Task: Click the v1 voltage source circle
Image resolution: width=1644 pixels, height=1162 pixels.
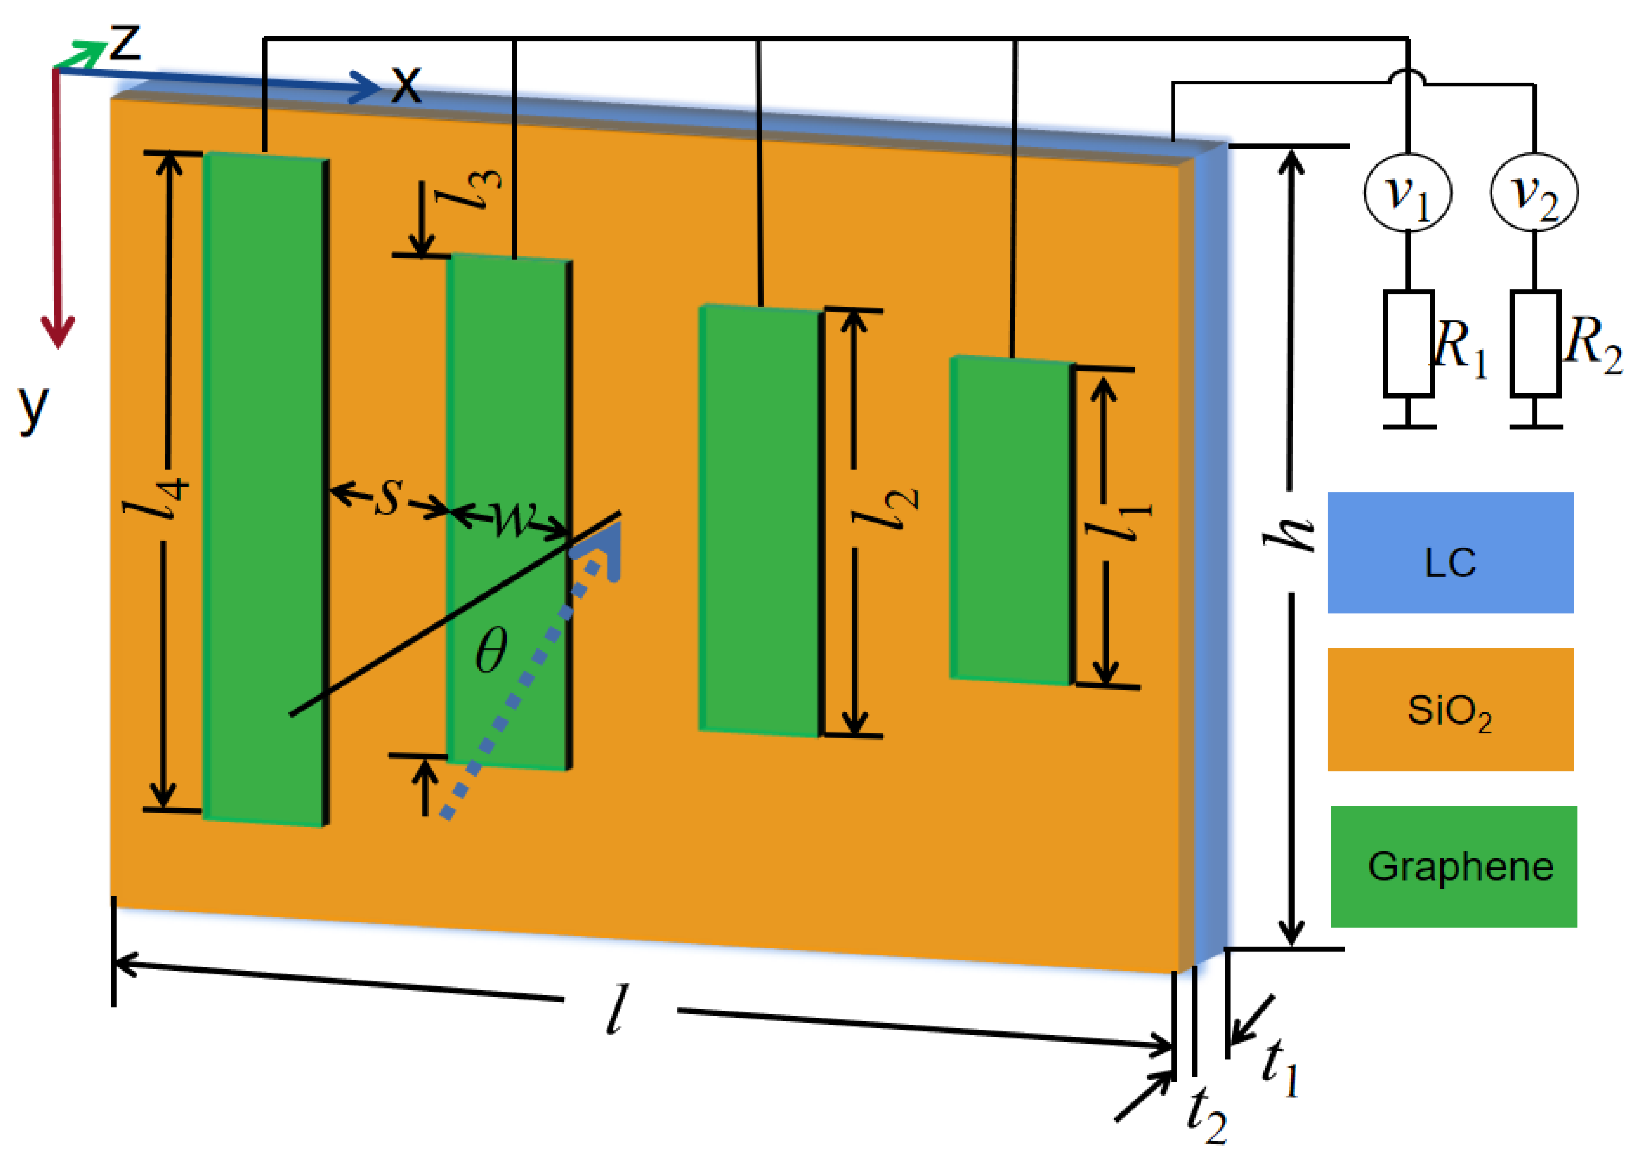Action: [x=1408, y=192]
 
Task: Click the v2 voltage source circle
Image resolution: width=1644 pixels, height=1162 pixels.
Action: [x=1534, y=192]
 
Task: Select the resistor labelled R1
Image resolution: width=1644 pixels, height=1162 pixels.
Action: [x=1408, y=344]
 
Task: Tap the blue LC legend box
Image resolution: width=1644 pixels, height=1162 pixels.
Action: [x=1450, y=553]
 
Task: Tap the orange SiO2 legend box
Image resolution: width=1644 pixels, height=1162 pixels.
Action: [x=1450, y=709]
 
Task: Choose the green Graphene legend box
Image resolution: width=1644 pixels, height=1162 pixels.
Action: [x=1453, y=866]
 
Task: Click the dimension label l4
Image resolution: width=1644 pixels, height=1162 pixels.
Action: [x=158, y=498]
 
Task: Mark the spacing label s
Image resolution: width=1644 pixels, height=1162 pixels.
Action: [x=388, y=496]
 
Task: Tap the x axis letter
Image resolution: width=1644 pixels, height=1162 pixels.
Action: [x=406, y=84]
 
